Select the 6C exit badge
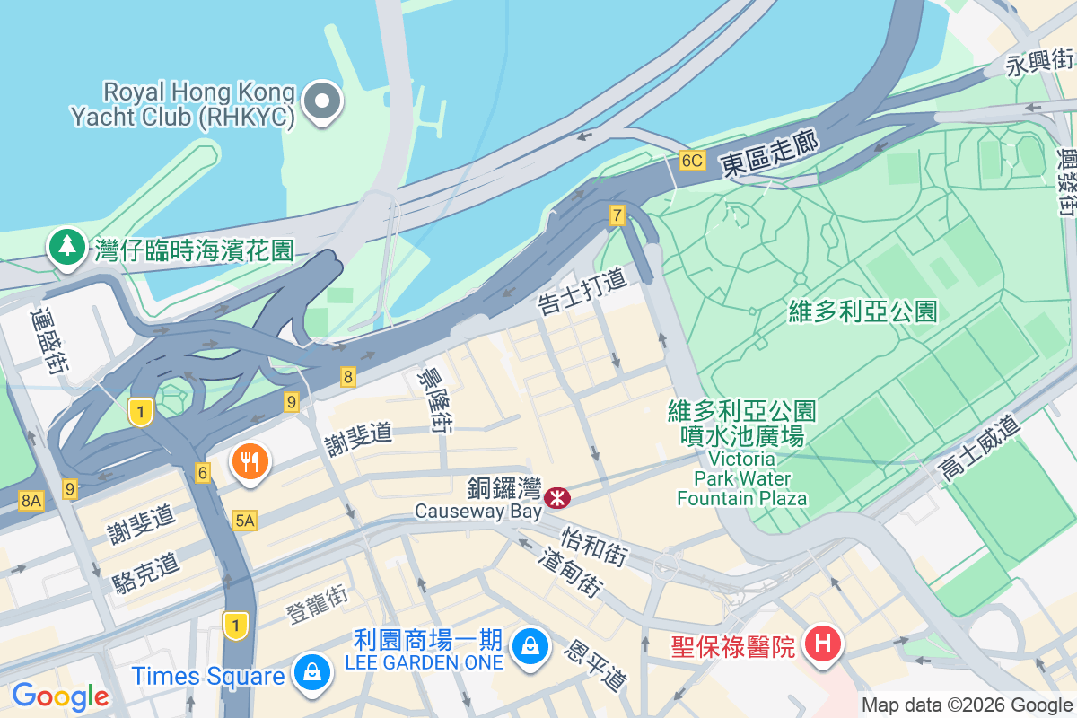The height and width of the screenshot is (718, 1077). click(691, 161)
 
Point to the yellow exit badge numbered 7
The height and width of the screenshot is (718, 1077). click(617, 215)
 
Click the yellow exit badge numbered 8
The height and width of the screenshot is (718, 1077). click(347, 377)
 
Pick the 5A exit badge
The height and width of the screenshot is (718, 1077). click(244, 520)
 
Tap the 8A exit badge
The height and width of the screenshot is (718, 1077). click(31, 501)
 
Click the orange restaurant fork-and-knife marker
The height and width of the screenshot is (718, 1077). click(250, 462)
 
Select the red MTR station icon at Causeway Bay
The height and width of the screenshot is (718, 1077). click(558, 496)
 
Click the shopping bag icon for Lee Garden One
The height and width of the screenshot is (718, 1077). click(530, 644)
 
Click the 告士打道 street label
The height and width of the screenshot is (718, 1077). click(581, 291)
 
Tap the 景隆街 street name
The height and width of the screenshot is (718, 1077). click(431, 400)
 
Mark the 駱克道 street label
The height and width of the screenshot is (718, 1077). click(147, 571)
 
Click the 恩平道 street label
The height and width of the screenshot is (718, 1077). click(594, 665)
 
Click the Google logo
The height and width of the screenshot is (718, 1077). click(60, 696)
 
